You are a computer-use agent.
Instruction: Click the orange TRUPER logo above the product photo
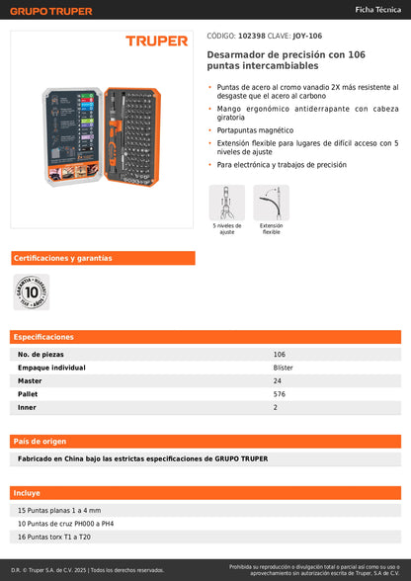[x=156, y=41]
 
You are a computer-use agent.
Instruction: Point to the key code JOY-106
[x=307, y=35]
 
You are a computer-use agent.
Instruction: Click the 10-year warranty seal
[x=31, y=292]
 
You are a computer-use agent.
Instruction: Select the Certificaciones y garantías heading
[x=62, y=258]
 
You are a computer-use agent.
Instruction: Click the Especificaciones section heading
[x=43, y=337]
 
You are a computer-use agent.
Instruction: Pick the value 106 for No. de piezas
[x=279, y=354]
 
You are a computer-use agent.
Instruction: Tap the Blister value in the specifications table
[x=283, y=367]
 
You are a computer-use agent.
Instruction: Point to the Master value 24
[x=277, y=380]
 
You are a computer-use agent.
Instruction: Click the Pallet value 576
[x=279, y=393]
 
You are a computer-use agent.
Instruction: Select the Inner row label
[x=27, y=407]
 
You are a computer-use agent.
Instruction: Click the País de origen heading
[x=41, y=441]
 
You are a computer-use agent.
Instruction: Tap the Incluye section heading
[x=27, y=492]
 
